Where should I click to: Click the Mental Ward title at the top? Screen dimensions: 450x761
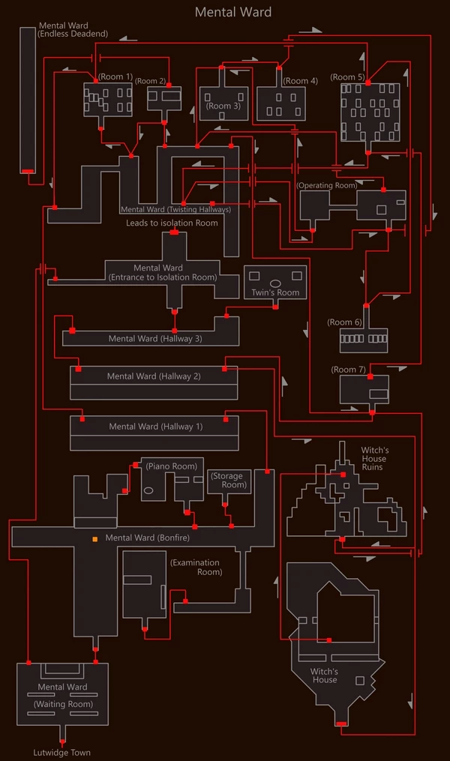pyautogui.click(x=233, y=12)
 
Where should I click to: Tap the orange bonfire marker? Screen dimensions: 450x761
pyautogui.click(x=95, y=539)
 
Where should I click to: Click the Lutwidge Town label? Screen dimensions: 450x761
pyautogui.click(x=61, y=753)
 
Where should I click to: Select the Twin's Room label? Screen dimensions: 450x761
pyautogui.click(x=275, y=292)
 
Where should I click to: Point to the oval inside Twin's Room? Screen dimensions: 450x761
pyautogui.click(x=275, y=283)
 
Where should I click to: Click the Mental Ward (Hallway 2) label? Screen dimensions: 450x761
pyautogui.click(x=154, y=376)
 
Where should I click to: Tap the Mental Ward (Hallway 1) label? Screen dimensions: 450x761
pyautogui.click(x=156, y=427)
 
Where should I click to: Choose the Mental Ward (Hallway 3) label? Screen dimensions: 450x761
pyautogui.click(x=155, y=339)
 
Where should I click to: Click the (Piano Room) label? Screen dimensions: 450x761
pyautogui.click(x=171, y=466)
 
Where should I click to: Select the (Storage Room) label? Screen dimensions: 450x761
pyautogui.click(x=229, y=481)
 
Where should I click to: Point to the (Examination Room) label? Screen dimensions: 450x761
pyautogui.click(x=196, y=568)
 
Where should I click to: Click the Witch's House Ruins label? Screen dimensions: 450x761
pyautogui.click(x=374, y=459)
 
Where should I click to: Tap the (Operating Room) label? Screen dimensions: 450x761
pyautogui.click(x=327, y=185)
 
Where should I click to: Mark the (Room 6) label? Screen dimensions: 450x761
pyautogui.click(x=345, y=322)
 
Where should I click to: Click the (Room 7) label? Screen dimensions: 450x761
pyautogui.click(x=349, y=370)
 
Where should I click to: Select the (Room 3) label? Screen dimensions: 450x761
pyautogui.click(x=223, y=106)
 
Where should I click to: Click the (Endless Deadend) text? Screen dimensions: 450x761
pyautogui.click(x=73, y=34)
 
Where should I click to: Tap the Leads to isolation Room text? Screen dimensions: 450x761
pyautogui.click(x=172, y=223)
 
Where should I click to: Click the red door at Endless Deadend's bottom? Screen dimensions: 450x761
pyautogui.click(x=28, y=172)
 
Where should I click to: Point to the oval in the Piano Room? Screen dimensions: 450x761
pyautogui.click(x=148, y=490)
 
